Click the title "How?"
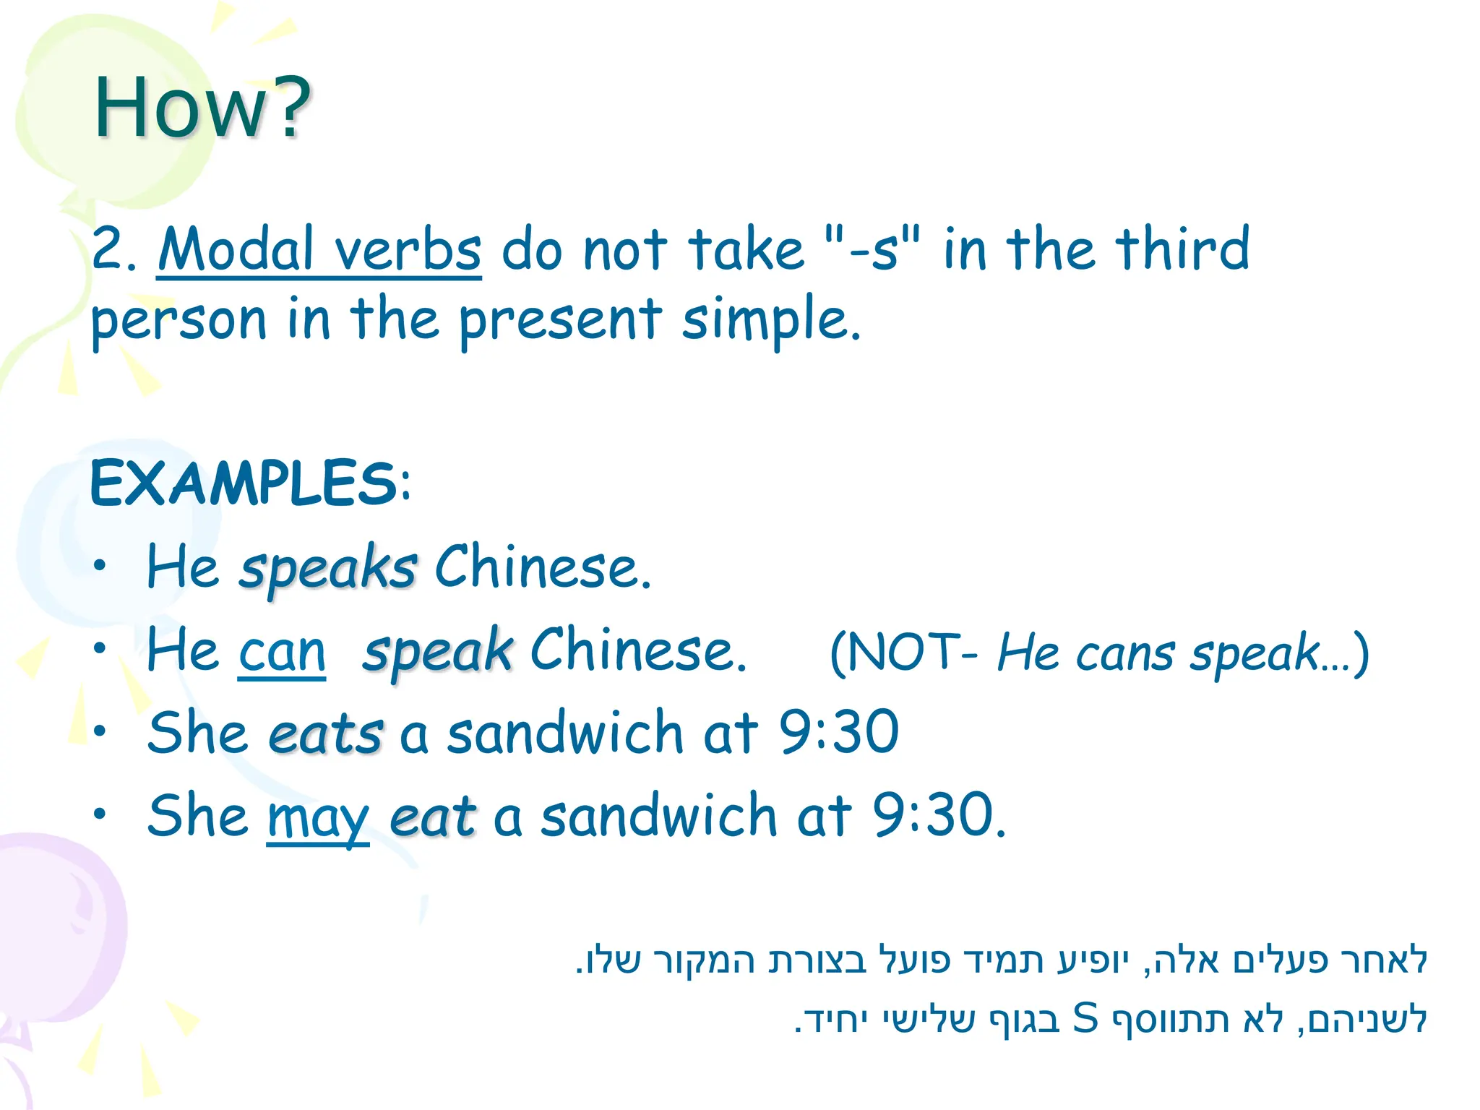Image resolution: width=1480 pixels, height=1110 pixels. [202, 108]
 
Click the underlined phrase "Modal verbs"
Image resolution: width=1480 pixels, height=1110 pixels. [319, 249]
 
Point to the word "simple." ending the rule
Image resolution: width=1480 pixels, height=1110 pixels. [771, 319]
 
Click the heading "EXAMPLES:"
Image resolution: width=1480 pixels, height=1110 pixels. [250, 483]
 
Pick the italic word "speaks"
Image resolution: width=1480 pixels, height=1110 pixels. [328, 568]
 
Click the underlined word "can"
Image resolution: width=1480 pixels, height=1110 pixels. [282, 652]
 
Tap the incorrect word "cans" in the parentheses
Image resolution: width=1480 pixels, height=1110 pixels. [1125, 654]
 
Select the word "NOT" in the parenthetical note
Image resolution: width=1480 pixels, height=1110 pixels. [903, 653]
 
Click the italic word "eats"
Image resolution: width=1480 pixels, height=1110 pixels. [325, 734]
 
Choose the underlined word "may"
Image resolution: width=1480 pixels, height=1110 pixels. [317, 817]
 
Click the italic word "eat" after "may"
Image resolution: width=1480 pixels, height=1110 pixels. [432, 817]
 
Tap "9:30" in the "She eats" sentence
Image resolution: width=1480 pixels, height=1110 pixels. [838, 732]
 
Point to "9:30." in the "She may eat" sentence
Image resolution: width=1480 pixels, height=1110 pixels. [939, 815]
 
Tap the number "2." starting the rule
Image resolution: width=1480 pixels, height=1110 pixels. [114, 249]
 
